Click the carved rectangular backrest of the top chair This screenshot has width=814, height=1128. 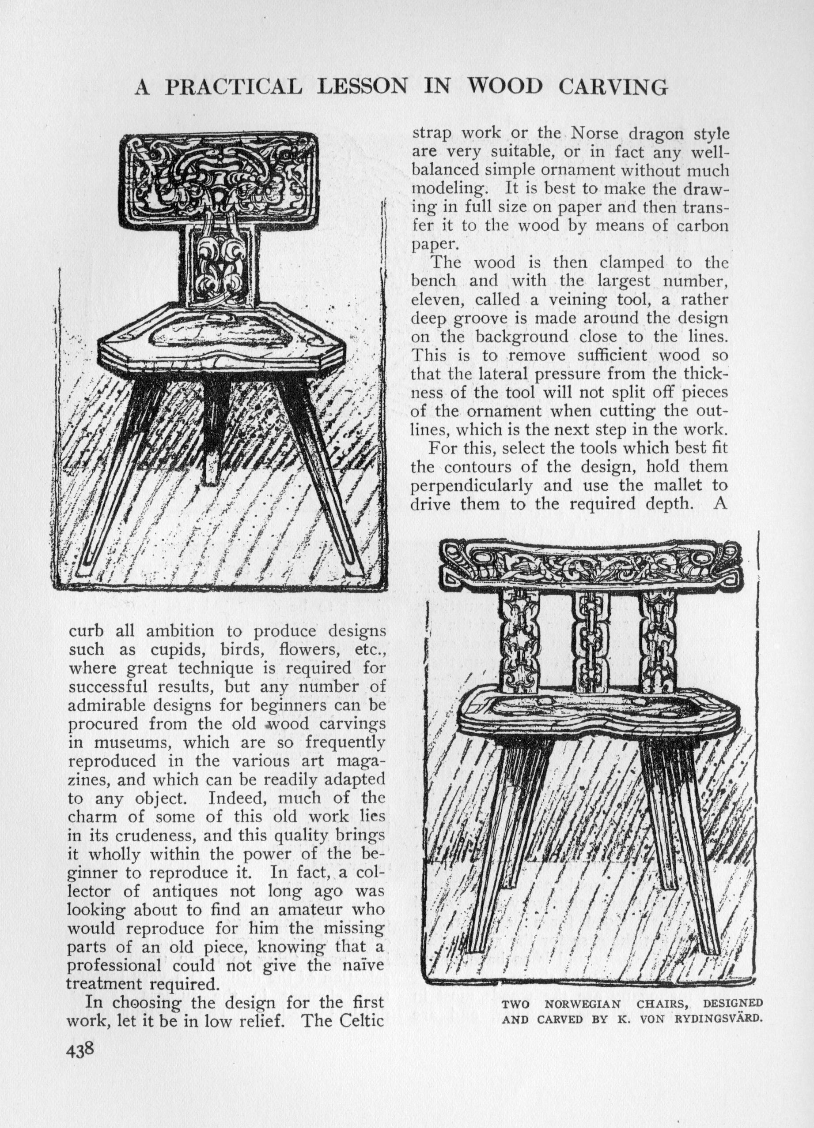220,176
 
